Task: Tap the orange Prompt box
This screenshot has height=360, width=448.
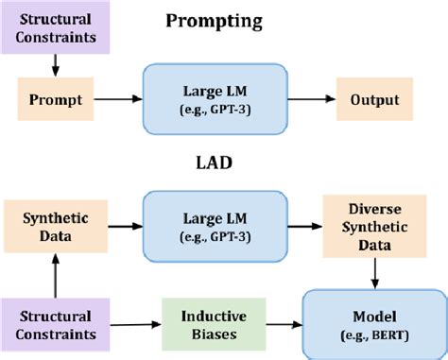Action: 54,99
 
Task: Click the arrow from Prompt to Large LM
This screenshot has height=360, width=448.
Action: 114,99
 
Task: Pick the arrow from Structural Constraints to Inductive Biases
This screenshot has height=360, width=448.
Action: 131,325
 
